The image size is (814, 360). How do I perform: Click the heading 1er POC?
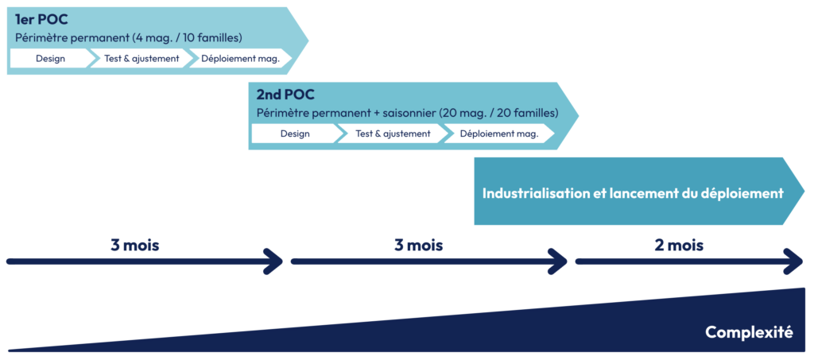(41, 20)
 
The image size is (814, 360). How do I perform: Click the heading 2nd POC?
(285, 95)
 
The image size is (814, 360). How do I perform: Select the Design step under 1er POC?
(50, 58)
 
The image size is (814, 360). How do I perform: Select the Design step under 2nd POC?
(295, 134)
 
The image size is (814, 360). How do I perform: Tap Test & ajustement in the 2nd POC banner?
(393, 134)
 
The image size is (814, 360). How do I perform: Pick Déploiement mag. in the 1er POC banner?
(241, 58)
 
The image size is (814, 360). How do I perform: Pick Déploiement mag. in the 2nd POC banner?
(499, 134)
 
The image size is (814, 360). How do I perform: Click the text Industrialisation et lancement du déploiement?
(633, 193)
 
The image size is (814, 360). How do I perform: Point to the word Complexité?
(749, 332)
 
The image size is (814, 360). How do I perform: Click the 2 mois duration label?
(679, 245)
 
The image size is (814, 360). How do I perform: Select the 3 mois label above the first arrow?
(135, 245)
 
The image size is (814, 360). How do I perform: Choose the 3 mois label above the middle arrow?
(418, 245)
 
